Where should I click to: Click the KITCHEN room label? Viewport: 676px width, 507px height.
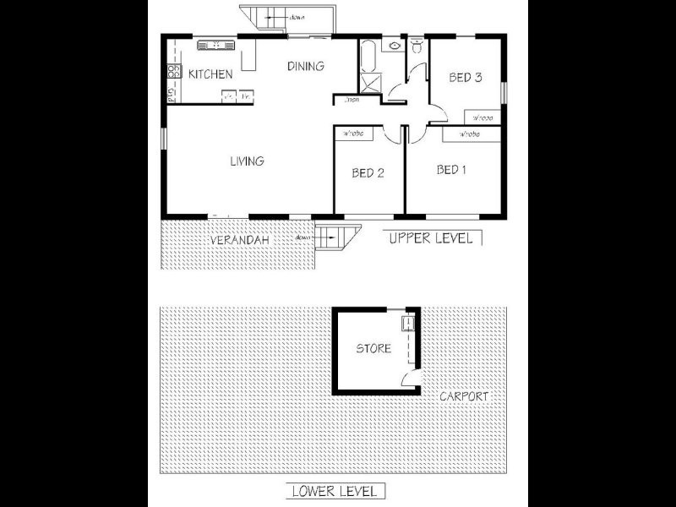click(x=210, y=74)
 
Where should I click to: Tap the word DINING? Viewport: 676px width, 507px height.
click(x=305, y=66)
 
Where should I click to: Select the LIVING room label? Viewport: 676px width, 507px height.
click(x=247, y=161)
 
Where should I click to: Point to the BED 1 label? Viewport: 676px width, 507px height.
click(x=452, y=170)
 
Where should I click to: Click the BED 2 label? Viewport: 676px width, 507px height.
click(x=368, y=173)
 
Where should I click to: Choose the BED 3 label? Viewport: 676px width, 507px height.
click(x=465, y=78)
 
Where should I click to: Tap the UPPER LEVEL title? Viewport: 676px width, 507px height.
click(x=431, y=238)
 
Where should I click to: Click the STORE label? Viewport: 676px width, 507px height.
click(x=373, y=348)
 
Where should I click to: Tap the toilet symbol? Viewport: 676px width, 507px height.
click(x=417, y=48)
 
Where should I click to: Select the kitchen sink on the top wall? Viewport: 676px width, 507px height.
click(x=215, y=46)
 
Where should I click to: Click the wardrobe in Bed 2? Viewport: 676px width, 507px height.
click(x=353, y=134)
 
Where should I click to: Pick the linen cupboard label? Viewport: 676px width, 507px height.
click(x=352, y=101)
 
